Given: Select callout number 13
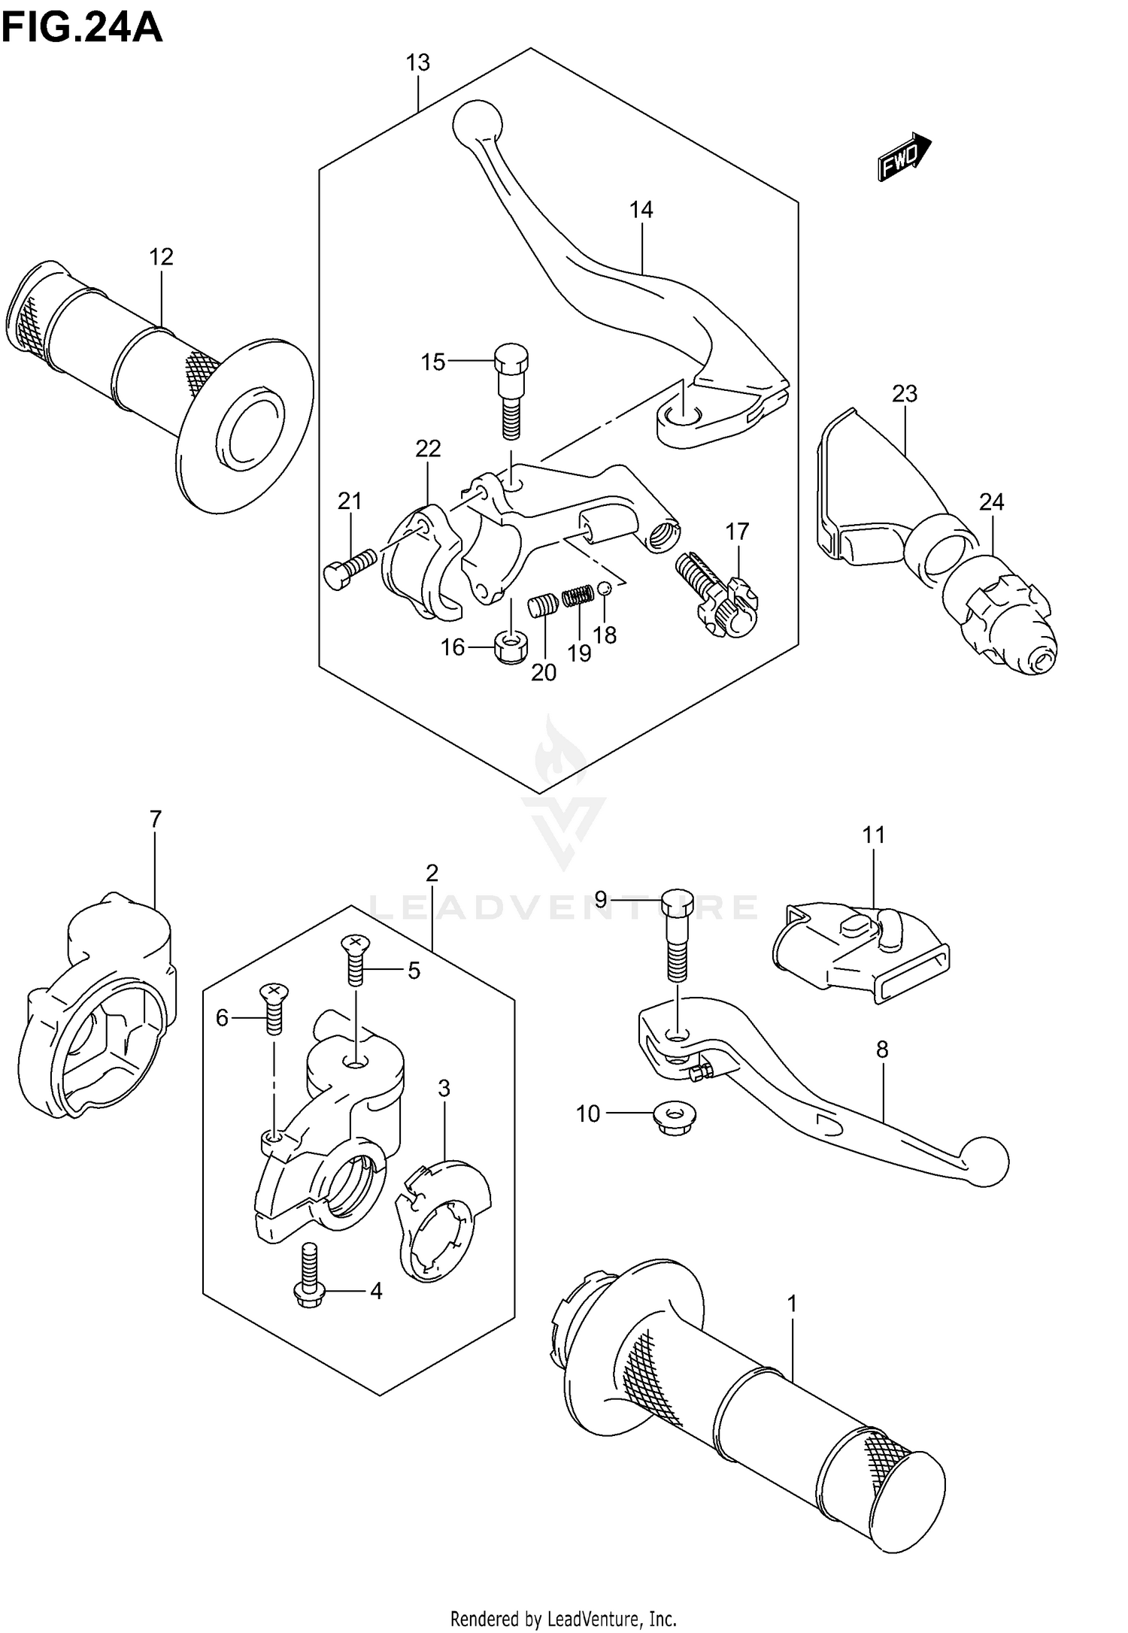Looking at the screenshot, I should coord(418,62).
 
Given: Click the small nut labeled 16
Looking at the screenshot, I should coord(511,647).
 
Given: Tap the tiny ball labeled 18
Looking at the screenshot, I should coord(606,589).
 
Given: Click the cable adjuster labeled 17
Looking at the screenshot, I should coord(718,594).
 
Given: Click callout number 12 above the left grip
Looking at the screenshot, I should coord(161,257).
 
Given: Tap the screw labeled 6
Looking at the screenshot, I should coord(274,1008).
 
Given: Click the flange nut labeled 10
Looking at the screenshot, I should coord(675,1113).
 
